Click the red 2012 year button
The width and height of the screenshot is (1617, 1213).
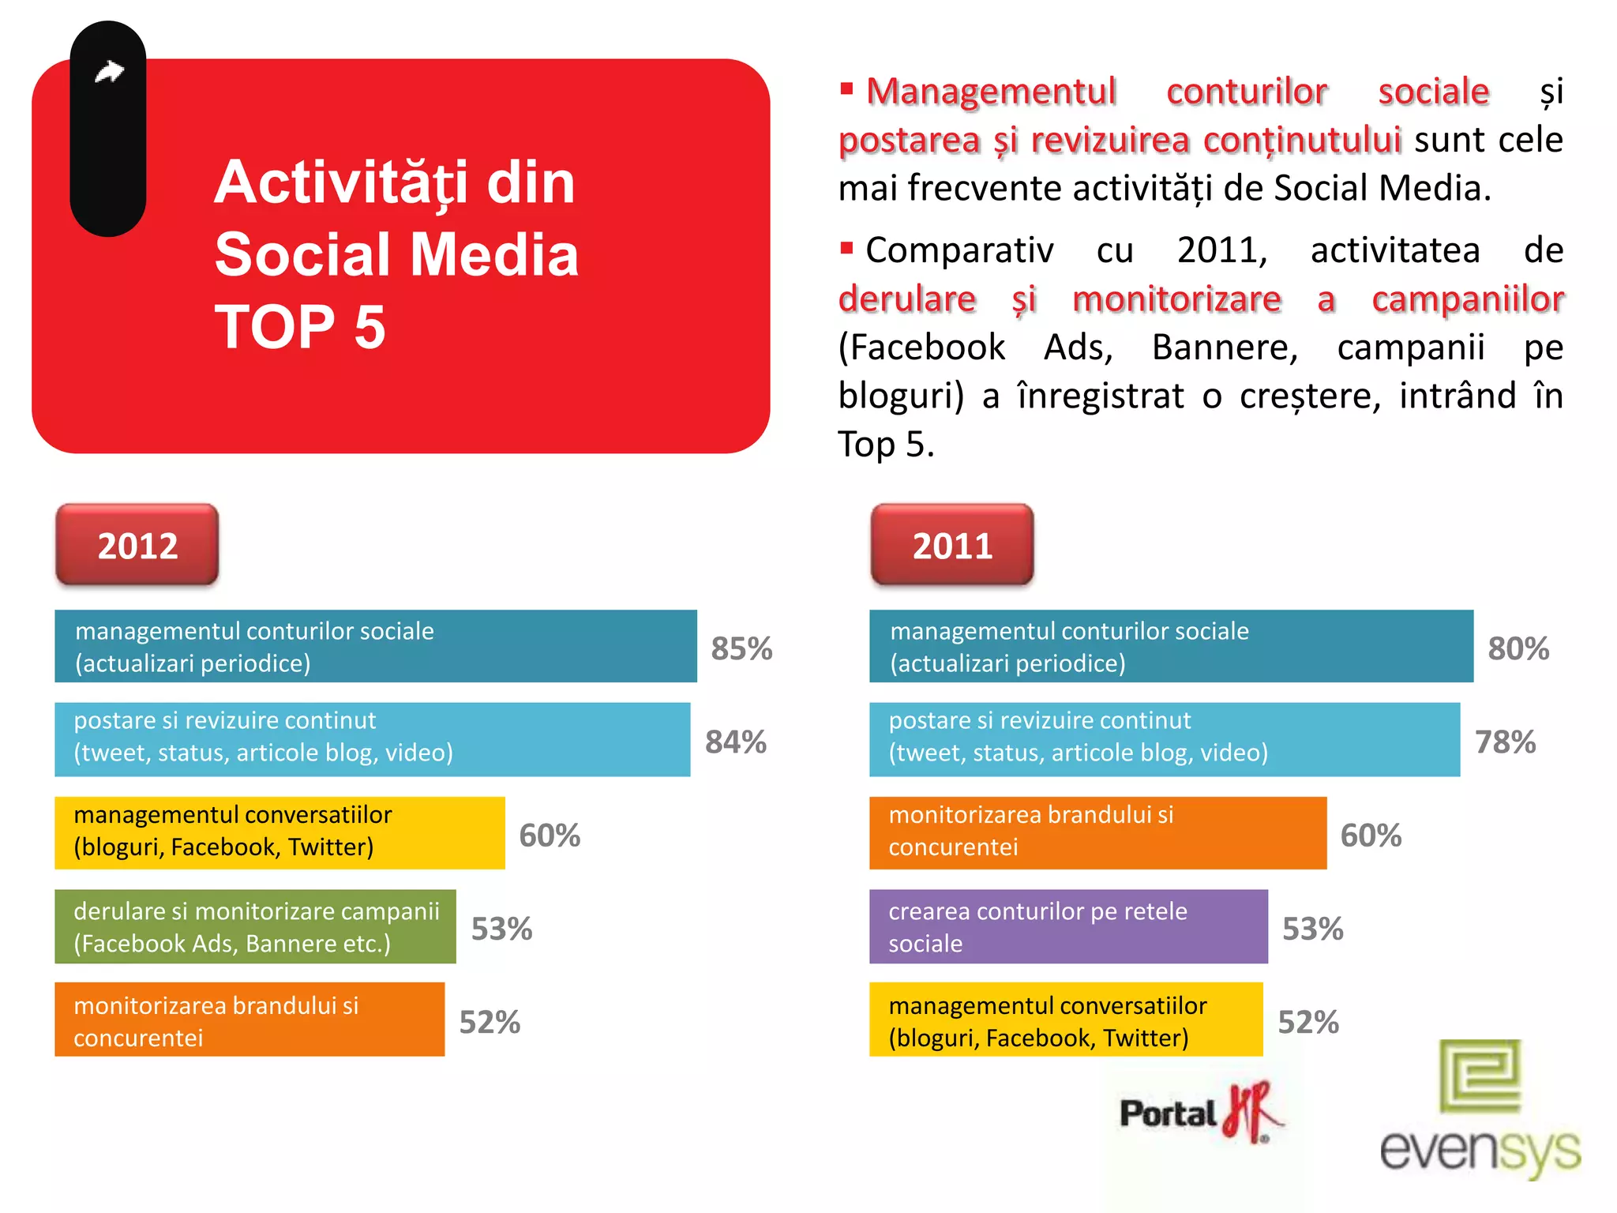coord(137,545)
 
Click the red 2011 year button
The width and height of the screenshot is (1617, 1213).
coord(951,545)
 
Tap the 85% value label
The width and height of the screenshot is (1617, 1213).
coord(741,648)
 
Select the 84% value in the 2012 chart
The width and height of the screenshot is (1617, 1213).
coord(735,742)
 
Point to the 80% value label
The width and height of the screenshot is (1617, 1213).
coord(1518,648)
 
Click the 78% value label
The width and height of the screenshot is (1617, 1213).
coord(1505,742)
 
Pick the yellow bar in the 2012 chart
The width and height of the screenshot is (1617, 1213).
coord(280,832)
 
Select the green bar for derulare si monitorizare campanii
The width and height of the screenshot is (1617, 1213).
coord(255,926)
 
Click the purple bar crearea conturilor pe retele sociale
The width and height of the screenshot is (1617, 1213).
coord(1067,926)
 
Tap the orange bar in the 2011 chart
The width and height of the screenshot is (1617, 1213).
coord(1097,832)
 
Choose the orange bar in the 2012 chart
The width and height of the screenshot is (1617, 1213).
coord(249,1020)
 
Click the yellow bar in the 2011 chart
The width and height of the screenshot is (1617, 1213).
coord(1065,1020)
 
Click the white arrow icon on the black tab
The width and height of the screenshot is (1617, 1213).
coord(109,72)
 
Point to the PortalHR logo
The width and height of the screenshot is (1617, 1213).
coord(1200,1113)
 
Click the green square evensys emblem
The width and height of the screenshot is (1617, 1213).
coord(1480,1075)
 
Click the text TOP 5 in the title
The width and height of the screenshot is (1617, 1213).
coord(300,327)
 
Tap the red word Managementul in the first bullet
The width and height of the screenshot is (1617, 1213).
coord(991,92)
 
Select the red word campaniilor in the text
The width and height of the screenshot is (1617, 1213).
coord(1467,299)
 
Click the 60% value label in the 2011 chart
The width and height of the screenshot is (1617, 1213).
coord(1371,835)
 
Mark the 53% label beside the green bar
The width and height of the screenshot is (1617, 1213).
coord(501,929)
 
